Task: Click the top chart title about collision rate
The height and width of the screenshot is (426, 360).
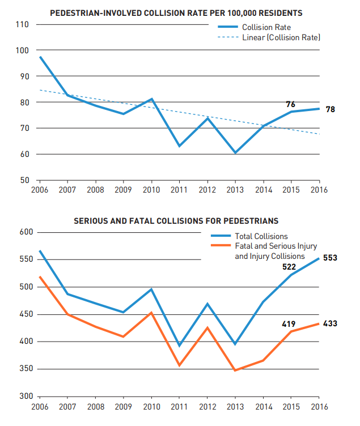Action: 176,12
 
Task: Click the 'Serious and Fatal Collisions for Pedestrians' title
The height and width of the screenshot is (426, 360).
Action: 176,220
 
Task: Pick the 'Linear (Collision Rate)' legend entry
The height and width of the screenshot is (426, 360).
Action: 281,37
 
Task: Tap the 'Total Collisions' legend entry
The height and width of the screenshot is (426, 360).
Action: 261,236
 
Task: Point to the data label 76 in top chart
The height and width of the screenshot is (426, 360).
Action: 290,104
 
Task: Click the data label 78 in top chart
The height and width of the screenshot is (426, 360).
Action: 331,109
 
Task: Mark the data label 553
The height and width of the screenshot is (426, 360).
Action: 330,258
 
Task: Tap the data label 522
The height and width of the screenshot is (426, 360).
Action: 289,266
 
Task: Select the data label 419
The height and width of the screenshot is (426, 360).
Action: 289,325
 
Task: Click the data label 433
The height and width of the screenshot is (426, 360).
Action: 330,324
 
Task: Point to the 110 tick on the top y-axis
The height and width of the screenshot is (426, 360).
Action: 22,24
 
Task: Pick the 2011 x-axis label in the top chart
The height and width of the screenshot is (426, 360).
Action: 179,190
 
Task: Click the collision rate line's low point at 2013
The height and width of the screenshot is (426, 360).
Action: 235,152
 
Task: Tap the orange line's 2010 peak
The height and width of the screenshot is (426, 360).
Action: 151,312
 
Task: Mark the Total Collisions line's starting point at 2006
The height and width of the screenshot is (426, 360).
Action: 40,251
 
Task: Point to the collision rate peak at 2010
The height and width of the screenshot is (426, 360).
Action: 151,99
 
